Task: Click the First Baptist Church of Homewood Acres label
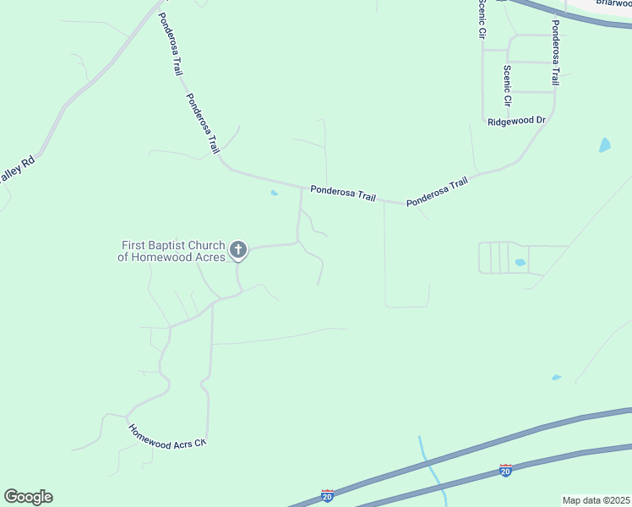tap(173, 251)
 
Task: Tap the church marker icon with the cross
tap(238, 249)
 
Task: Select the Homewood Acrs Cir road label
tap(167, 434)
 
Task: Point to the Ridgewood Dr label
tap(517, 121)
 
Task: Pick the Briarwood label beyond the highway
tap(613, 3)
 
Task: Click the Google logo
tap(28, 497)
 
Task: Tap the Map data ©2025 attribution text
tap(596, 500)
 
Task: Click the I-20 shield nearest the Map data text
tap(505, 470)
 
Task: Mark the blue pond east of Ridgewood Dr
tap(604, 144)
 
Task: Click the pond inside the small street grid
tap(520, 263)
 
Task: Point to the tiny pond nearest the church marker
tap(273, 194)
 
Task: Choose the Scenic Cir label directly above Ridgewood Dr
tap(508, 85)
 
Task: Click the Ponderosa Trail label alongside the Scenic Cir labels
tap(555, 53)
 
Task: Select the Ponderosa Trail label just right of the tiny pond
tap(342, 194)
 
